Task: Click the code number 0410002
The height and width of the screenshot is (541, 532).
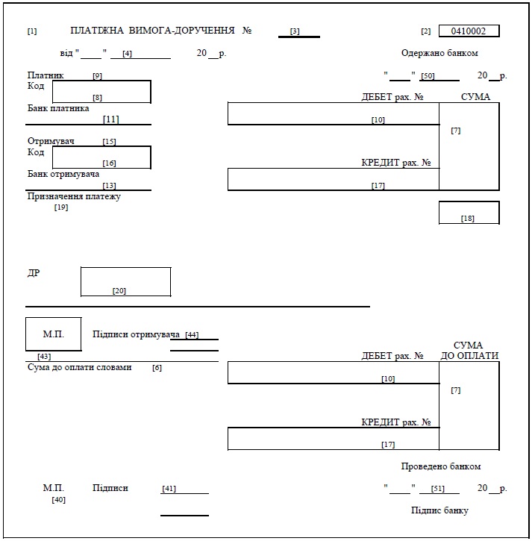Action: [x=469, y=31]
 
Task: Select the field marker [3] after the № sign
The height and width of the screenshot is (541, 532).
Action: [x=295, y=31]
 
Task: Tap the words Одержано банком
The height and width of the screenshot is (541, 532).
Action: [x=439, y=53]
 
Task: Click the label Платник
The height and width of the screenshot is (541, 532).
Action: [x=46, y=75]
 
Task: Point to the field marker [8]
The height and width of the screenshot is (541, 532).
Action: [x=97, y=98]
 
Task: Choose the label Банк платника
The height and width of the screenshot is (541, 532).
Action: [x=58, y=108]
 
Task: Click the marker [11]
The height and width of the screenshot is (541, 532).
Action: [x=111, y=119]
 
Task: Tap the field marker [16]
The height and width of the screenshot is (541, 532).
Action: [x=109, y=163]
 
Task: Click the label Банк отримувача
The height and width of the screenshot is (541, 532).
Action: [x=63, y=174]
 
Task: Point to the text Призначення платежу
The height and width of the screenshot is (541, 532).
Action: [x=74, y=196]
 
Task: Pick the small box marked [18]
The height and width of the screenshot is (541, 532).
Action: [x=469, y=213]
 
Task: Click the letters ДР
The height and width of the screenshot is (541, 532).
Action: [x=34, y=273]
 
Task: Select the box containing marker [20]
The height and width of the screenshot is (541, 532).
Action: [x=125, y=282]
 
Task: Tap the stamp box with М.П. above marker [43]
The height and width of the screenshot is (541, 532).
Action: [x=53, y=334]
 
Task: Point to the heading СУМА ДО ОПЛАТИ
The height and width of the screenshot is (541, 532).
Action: [x=469, y=351]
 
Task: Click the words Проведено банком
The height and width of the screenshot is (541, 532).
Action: [x=440, y=466]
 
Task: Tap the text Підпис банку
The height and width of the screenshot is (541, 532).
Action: [x=440, y=510]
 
